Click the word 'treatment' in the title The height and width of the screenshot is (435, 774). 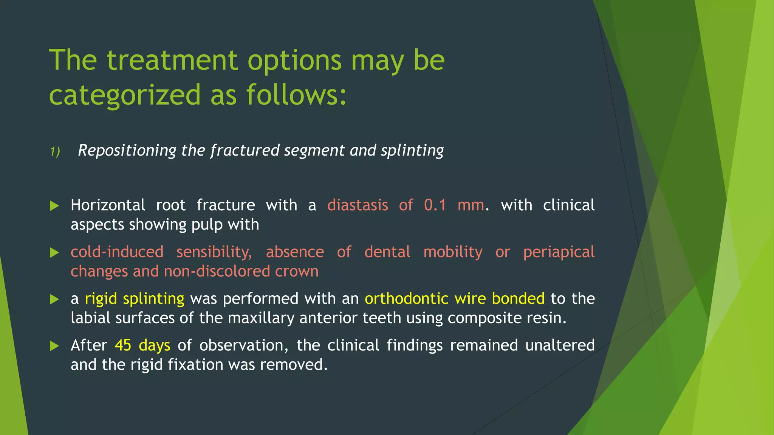coord(172,60)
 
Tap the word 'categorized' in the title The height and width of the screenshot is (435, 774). coord(125,95)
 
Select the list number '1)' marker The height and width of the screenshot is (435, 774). coord(55,152)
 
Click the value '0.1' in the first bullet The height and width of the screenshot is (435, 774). coord(435,205)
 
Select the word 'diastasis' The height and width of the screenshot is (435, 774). coord(358,205)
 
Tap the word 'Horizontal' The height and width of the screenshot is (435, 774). coord(108,205)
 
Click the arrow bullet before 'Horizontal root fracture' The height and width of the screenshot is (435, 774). coord(54,206)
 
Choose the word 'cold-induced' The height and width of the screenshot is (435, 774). coord(117,252)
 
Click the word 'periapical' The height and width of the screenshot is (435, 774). coord(559,252)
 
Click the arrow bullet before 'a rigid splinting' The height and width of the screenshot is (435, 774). coord(54,299)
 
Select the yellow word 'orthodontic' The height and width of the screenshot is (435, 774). coord(406,299)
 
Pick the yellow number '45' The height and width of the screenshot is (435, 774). coord(123,346)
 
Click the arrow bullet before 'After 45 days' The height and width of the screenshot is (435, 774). coord(54,346)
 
